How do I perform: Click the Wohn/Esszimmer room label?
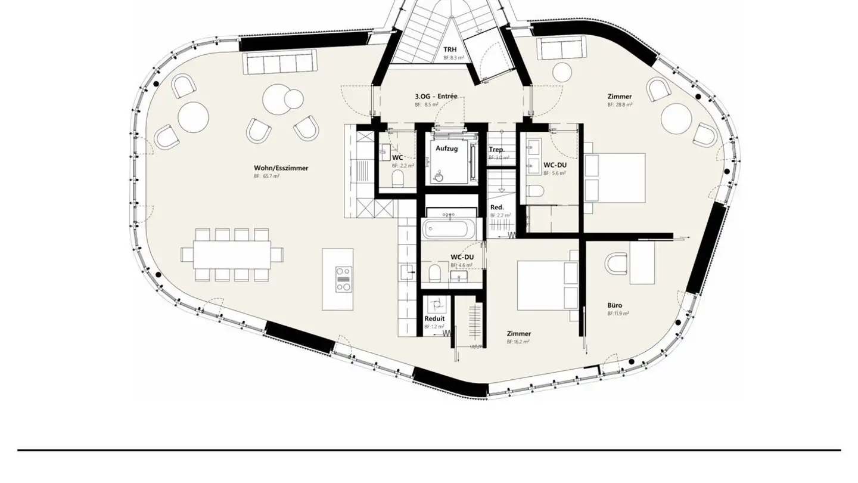click(281, 168)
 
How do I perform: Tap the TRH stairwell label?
click(450, 50)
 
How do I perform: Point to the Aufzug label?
click(446, 148)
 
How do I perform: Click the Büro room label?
click(615, 305)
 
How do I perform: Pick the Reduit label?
click(434, 318)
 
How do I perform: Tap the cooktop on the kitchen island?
click(343, 278)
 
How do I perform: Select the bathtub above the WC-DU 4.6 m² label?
click(450, 228)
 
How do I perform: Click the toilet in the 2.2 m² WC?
click(398, 178)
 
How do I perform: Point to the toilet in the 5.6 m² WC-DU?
click(536, 192)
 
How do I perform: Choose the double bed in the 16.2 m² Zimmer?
click(547, 284)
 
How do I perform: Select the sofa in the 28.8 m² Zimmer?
click(562, 47)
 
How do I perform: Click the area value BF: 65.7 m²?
click(267, 177)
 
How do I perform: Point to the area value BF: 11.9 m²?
click(618, 313)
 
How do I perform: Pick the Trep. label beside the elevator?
click(497, 150)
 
